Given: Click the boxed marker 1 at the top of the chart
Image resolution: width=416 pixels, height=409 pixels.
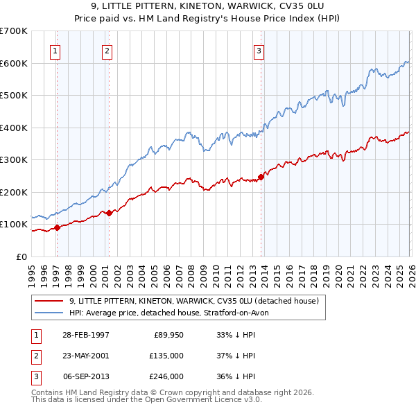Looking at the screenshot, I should click(x=55, y=50).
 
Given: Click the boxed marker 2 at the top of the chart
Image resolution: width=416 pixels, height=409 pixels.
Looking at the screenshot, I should click(x=107, y=50).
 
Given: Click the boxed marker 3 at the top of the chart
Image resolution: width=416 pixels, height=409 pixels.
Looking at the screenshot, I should click(x=258, y=50).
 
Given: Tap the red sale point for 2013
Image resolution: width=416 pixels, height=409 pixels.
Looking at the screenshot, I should click(x=261, y=177).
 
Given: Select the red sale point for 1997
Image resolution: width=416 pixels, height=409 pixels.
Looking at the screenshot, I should click(x=58, y=227).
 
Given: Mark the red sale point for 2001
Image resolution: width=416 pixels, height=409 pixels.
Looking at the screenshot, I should click(x=110, y=213).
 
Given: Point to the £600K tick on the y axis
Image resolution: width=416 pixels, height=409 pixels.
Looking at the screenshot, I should click(x=14, y=63).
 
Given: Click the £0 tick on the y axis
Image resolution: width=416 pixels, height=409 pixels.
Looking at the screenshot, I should click(x=21, y=256).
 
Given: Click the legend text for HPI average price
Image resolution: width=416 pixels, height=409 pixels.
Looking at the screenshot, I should click(x=173, y=313).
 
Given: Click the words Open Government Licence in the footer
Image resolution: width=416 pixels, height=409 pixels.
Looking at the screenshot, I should click(x=200, y=399).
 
